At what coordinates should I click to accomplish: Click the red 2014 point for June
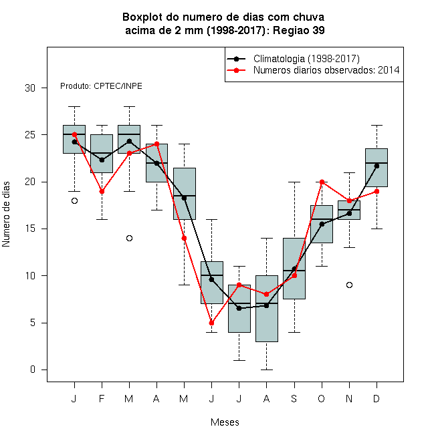212,323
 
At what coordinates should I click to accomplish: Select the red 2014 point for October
322,182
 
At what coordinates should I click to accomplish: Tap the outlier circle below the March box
129,239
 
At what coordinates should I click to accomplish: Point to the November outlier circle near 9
349,285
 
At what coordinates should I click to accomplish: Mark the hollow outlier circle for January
74,201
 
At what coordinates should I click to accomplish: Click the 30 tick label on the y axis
30,88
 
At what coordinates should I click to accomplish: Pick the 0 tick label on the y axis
33,370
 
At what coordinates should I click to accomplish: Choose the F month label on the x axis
102,398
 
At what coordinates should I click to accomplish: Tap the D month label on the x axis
377,398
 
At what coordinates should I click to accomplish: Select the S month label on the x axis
294,398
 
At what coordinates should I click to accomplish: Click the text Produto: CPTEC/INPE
101,86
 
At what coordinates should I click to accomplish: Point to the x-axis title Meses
225,422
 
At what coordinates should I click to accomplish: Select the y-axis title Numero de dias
6,214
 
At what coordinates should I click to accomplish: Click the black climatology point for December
377,166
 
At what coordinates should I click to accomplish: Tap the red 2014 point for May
184,239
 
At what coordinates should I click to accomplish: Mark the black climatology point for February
102,160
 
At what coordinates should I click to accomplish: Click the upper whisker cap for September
294,182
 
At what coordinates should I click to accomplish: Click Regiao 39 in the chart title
299,30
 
